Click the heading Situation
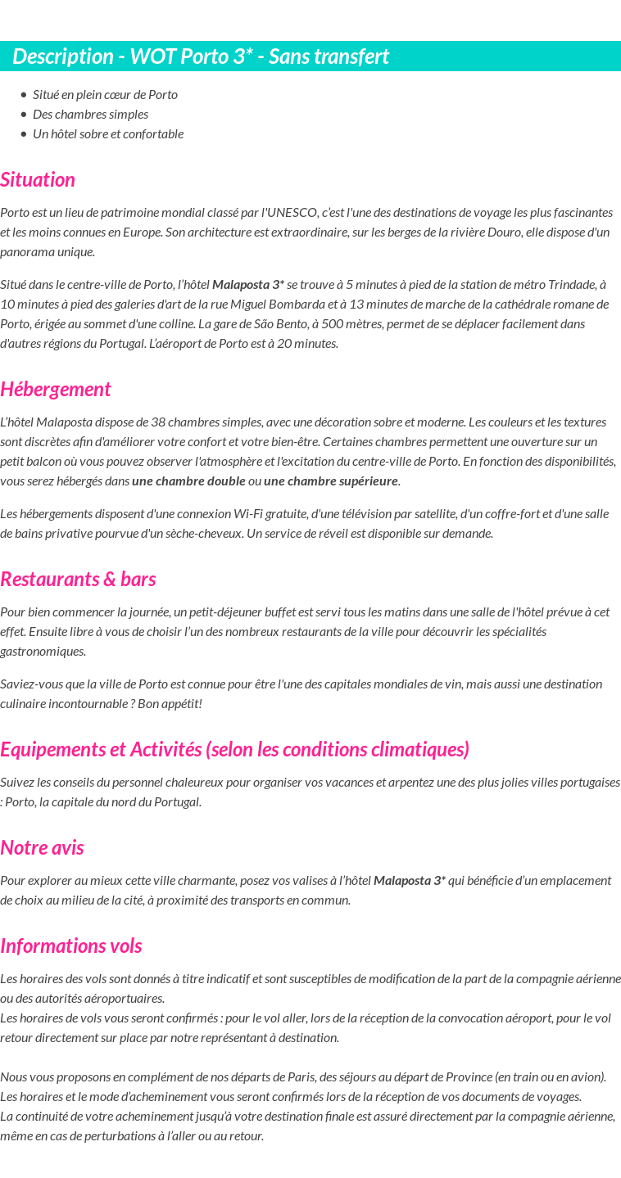pos(38,179)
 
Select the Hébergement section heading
pos(56,389)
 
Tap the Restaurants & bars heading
pos(78,579)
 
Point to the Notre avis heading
pos(42,847)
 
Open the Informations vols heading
pos(71,946)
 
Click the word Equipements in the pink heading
pos(47,749)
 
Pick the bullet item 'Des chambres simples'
pos(90,114)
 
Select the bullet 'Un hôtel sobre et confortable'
pos(108,133)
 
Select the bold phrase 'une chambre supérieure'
pos(331,481)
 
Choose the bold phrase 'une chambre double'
pos(188,481)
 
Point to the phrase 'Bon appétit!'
pos(170,703)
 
